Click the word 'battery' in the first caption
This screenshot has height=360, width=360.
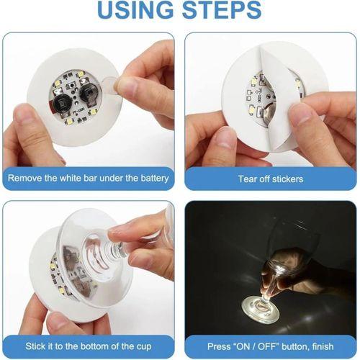(154, 178)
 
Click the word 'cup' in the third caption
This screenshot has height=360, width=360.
(148, 347)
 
